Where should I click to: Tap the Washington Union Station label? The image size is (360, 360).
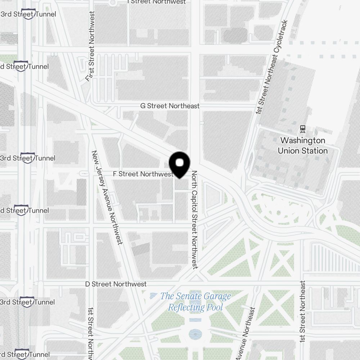tap(303, 145)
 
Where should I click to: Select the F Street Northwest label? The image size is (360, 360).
tap(143, 174)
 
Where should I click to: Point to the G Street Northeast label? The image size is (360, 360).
tap(170, 106)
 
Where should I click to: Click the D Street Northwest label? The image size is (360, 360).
tap(116, 284)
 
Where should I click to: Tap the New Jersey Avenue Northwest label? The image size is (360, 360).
tap(107, 197)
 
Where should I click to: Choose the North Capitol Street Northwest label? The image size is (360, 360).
tap(195, 220)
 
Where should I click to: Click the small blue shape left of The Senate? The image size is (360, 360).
tap(153, 296)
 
